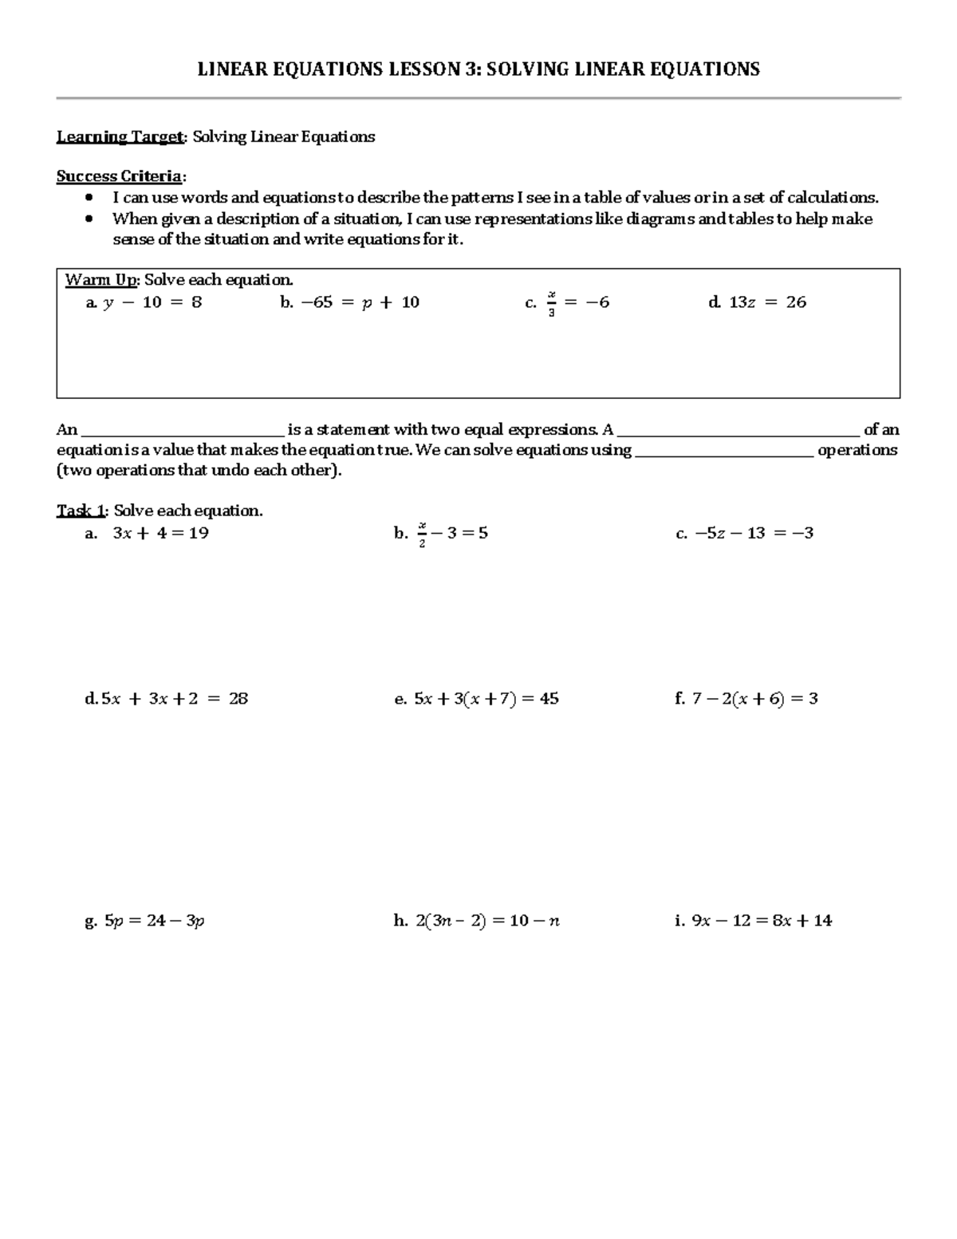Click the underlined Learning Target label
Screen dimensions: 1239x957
[120, 137]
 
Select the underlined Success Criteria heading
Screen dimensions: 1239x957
[119, 176]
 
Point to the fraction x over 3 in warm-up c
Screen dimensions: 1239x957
[551, 303]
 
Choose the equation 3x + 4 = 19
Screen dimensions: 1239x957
[160, 533]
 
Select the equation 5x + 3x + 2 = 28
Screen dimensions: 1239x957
[175, 699]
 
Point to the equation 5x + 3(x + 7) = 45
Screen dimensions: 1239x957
[486, 699]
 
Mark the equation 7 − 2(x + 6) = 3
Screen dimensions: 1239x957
[754, 699]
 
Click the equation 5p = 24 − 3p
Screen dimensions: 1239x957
[155, 921]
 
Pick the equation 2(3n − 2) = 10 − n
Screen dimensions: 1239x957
[486, 921]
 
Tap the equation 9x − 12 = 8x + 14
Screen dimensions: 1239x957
[762, 921]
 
